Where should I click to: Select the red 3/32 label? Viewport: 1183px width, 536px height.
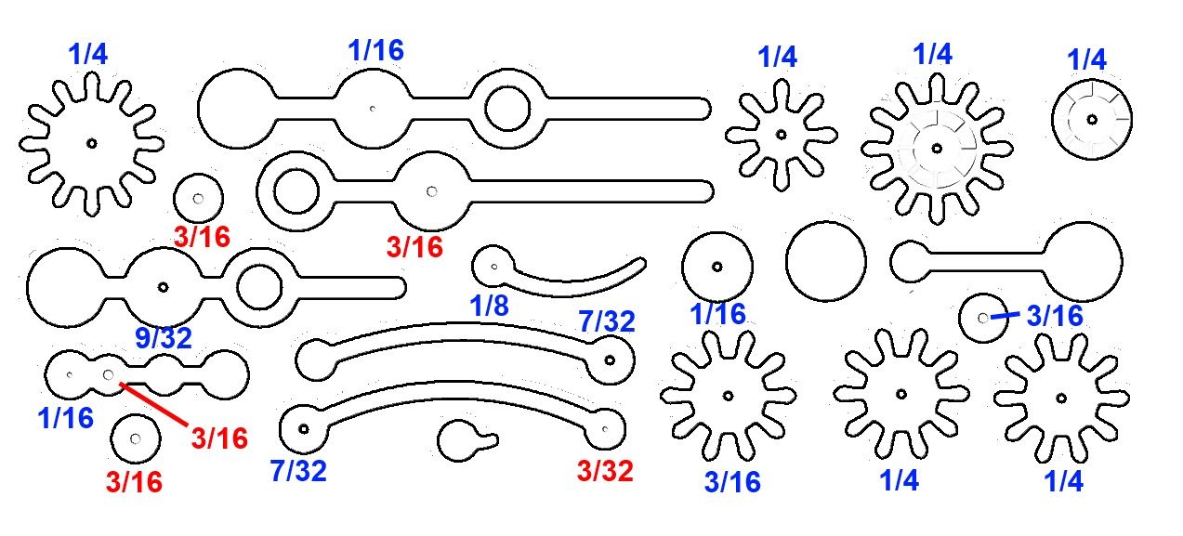pyautogui.click(x=604, y=471)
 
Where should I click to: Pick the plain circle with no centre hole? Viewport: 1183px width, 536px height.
pyautogui.click(x=825, y=261)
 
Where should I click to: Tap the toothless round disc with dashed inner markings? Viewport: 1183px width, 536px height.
pyautogui.click(x=1092, y=119)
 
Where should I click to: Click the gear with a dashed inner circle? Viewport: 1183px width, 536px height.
pyautogui.click(x=937, y=148)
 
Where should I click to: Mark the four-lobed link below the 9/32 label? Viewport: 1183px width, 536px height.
pyautogui.click(x=147, y=374)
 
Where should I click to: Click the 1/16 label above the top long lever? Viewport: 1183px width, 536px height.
pyautogui.click(x=375, y=51)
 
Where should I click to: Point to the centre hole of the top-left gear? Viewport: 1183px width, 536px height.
pyautogui.click(x=91, y=143)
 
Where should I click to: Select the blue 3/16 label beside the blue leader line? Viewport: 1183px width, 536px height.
pyautogui.click(x=1055, y=317)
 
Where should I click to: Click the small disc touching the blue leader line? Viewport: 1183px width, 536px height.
pyautogui.click(x=982, y=318)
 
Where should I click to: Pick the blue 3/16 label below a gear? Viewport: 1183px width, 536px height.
pyautogui.click(x=731, y=482)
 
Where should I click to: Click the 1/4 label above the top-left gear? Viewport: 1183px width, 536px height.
pyautogui.click(x=87, y=53)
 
